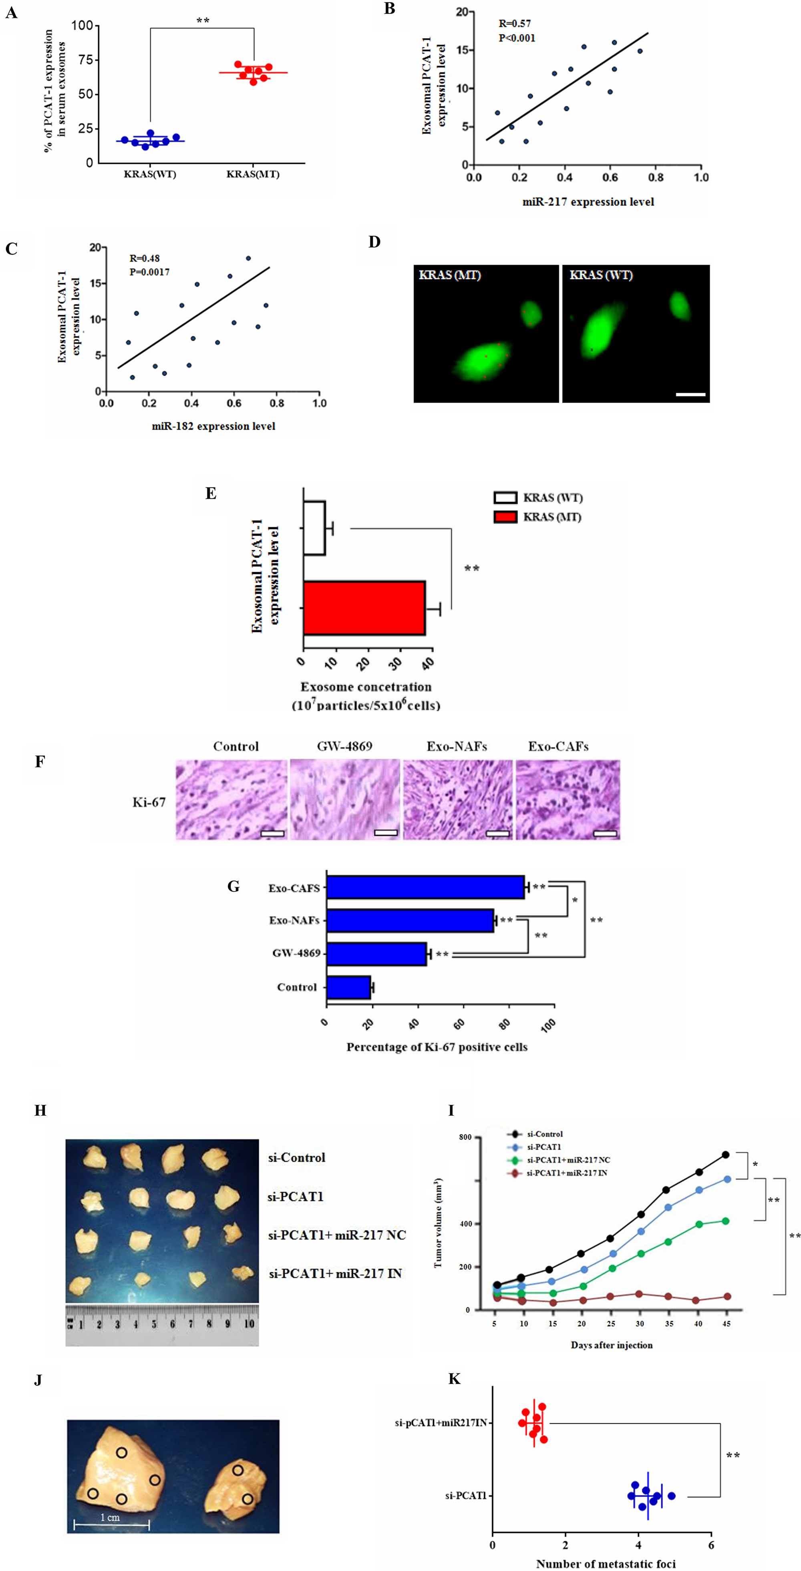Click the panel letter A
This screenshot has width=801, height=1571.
[11, 12]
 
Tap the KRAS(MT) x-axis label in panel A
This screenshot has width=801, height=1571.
[253, 175]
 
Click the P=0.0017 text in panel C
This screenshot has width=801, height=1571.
[149, 272]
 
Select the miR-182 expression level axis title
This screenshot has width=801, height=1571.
[213, 426]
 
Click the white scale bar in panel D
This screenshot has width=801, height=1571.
[690, 394]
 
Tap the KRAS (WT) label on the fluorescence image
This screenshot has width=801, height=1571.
[601, 275]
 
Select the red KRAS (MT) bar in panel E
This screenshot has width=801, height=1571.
[364, 608]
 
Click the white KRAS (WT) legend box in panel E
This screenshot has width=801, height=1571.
[505, 498]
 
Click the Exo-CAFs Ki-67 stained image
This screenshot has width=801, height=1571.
[568, 800]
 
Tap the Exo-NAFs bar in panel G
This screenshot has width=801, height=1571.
[410, 920]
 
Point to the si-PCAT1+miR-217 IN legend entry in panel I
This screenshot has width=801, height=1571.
[566, 1173]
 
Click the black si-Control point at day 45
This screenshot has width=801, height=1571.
[725, 1155]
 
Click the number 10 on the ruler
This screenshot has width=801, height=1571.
[249, 1324]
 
